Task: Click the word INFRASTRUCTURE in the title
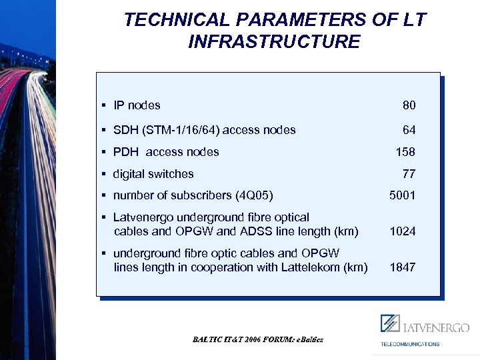click(x=274, y=42)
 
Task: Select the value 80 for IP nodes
click(x=409, y=105)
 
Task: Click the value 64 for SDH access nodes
click(x=409, y=130)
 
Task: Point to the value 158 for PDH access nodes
click(x=405, y=152)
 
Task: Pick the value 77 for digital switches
click(x=409, y=174)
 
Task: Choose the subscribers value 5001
click(x=403, y=195)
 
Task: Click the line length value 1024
click(x=403, y=231)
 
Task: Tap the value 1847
click(x=403, y=267)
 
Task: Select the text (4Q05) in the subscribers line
click(x=254, y=195)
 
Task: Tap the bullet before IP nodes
click(x=105, y=105)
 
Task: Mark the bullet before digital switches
click(x=105, y=174)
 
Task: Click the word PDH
click(x=126, y=152)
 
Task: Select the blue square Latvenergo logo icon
click(x=390, y=323)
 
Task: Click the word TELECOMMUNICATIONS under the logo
click(x=410, y=344)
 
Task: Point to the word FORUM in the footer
click(x=276, y=339)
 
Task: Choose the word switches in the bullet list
click(x=173, y=174)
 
